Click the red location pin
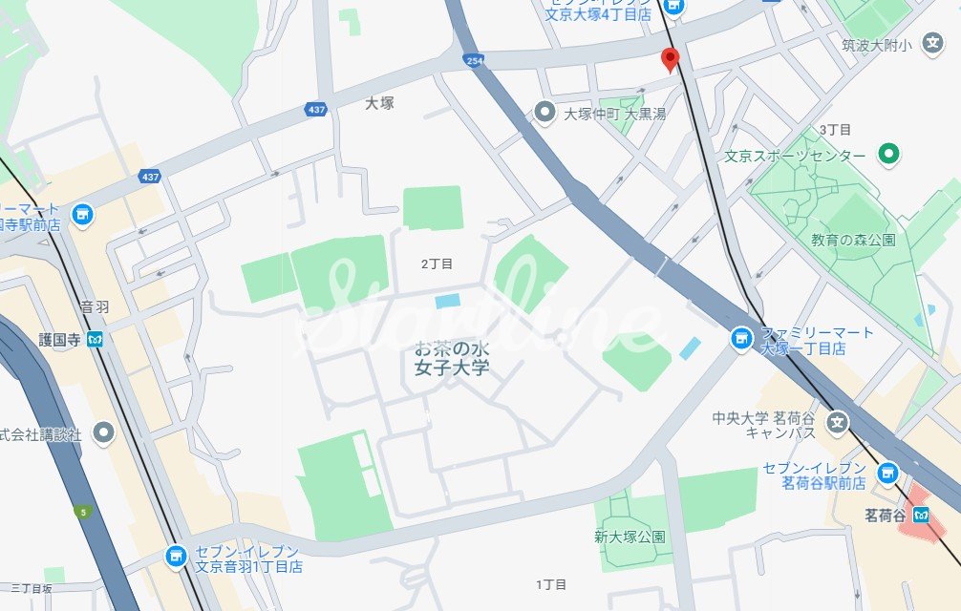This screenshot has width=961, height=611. click(671, 59)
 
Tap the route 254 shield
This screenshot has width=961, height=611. click(475, 60)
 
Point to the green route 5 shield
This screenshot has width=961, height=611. click(84, 513)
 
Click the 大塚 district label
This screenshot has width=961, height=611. click(379, 103)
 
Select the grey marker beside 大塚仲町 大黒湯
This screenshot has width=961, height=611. click(545, 113)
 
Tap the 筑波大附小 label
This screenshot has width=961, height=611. click(877, 45)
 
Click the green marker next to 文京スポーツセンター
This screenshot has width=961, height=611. click(889, 153)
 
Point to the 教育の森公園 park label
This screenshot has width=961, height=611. click(853, 240)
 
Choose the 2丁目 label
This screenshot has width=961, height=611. click(437, 263)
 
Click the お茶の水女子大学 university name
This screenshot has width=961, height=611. click(452, 357)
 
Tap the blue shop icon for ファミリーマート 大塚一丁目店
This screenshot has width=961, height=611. click(740, 338)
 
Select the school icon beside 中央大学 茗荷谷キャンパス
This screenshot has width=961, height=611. click(837, 421)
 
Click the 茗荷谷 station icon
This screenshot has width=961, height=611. click(921, 515)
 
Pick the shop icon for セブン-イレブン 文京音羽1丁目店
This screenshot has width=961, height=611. click(175, 556)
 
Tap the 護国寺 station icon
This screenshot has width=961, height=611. click(95, 338)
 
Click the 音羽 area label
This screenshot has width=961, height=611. click(95, 307)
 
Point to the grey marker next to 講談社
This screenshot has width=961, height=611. click(104, 433)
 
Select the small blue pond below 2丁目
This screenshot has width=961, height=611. click(446, 302)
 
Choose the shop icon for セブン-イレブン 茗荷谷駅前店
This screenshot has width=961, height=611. click(888, 472)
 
